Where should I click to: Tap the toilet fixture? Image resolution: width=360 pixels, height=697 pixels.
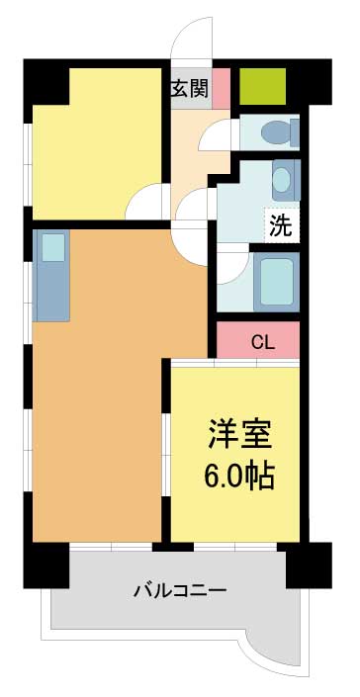click(x=280, y=131)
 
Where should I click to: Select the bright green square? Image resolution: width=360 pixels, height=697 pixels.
click(x=263, y=86)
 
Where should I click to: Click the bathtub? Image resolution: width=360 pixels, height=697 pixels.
click(x=277, y=282)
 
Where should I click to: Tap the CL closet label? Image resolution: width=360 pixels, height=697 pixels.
click(x=263, y=342)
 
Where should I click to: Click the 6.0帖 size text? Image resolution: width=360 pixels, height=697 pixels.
click(x=238, y=476)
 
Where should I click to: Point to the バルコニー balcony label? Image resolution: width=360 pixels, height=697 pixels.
click(x=180, y=591)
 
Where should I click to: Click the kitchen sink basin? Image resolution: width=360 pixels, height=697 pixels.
click(x=53, y=247)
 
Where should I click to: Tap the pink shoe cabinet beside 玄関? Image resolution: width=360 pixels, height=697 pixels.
click(x=221, y=88)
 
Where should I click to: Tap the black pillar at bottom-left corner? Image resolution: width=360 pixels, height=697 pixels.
click(x=46, y=565)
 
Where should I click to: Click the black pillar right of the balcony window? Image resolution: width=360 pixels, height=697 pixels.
click(x=309, y=565)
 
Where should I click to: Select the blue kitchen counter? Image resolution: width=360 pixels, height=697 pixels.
click(x=51, y=275)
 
